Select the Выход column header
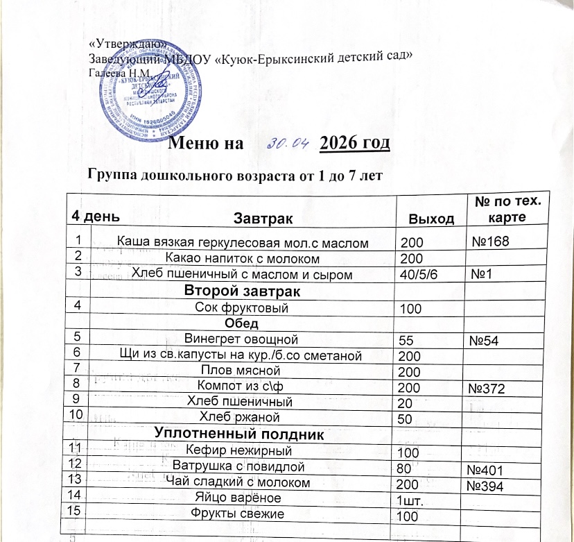(x=432, y=219)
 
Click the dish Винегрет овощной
(x=241, y=339)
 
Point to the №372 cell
(x=489, y=388)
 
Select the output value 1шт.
(x=408, y=499)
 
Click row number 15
(x=72, y=511)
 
